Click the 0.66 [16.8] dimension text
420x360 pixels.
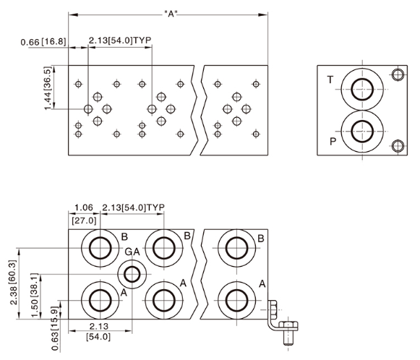(x=43, y=42)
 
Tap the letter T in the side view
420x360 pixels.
(x=330, y=80)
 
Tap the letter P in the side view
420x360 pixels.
(x=333, y=141)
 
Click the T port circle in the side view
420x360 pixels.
(x=359, y=90)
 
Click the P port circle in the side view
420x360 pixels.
(x=359, y=132)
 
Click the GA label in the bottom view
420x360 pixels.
(x=132, y=252)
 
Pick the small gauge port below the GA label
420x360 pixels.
(x=132, y=274)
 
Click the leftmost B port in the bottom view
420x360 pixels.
(x=98, y=248)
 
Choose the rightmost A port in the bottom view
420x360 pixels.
(x=235, y=297)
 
